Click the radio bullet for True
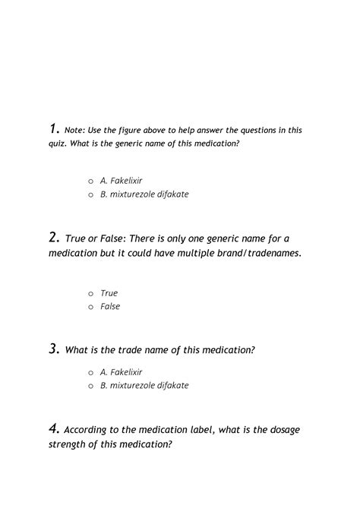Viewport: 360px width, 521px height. (90, 293)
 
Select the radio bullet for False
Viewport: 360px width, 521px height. (90, 307)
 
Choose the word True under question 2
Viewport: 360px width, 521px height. (109, 293)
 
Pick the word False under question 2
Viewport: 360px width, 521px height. (110, 307)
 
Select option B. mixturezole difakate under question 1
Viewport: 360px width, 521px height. (144, 194)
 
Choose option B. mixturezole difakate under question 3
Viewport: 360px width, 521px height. (144, 386)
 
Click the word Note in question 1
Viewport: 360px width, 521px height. (74, 130)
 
